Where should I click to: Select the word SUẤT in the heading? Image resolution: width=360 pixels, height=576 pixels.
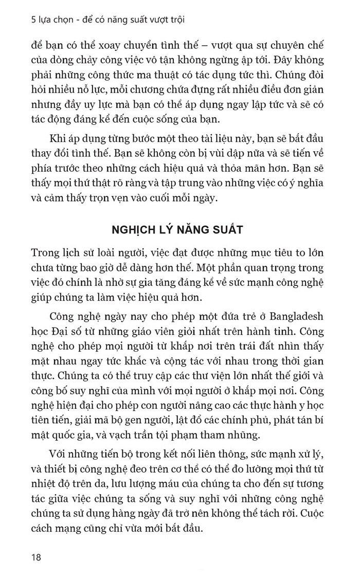(x=228, y=229)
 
